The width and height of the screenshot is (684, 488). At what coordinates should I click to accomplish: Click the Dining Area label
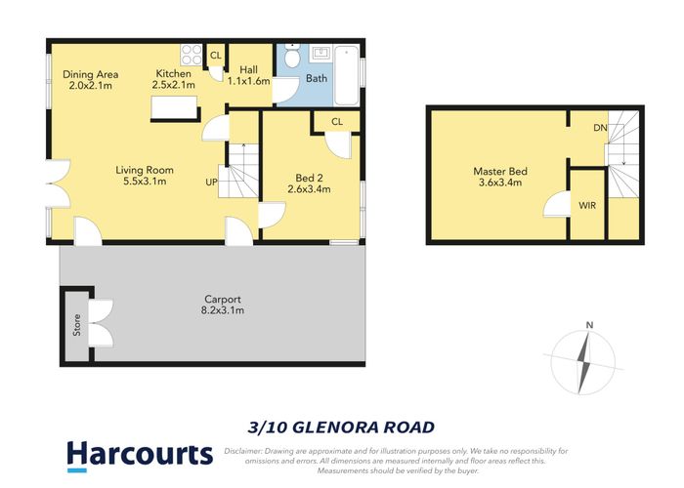[x=92, y=73]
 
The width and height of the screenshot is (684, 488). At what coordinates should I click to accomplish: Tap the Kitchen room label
[x=175, y=73]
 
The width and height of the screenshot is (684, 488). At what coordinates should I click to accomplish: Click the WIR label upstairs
[x=586, y=207]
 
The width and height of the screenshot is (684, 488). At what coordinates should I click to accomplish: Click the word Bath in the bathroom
[x=318, y=77]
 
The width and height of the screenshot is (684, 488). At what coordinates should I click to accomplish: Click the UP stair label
[x=211, y=182]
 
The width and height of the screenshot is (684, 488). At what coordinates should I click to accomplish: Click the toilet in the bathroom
[x=291, y=60]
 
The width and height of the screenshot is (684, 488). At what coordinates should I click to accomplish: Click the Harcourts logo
[x=139, y=454]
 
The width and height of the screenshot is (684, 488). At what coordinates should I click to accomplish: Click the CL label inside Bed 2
[x=336, y=121]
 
